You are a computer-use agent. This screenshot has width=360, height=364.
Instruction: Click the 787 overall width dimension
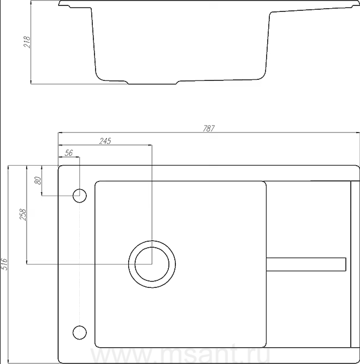click(209, 128)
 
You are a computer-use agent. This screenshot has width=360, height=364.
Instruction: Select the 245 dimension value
click(105, 141)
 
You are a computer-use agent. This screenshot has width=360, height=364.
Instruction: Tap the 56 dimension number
click(68, 153)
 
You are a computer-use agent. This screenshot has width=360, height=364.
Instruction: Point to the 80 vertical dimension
click(38, 180)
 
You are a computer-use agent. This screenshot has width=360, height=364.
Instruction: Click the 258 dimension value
click(23, 215)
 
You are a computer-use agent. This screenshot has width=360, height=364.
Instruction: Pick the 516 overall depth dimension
click(4, 264)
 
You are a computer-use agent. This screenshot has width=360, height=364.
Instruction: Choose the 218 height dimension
click(27, 42)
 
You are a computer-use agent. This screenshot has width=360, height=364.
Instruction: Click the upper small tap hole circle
click(80, 196)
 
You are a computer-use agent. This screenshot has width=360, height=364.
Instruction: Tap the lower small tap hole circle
click(80, 332)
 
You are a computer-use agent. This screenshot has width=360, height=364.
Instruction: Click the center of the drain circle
click(152, 264)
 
